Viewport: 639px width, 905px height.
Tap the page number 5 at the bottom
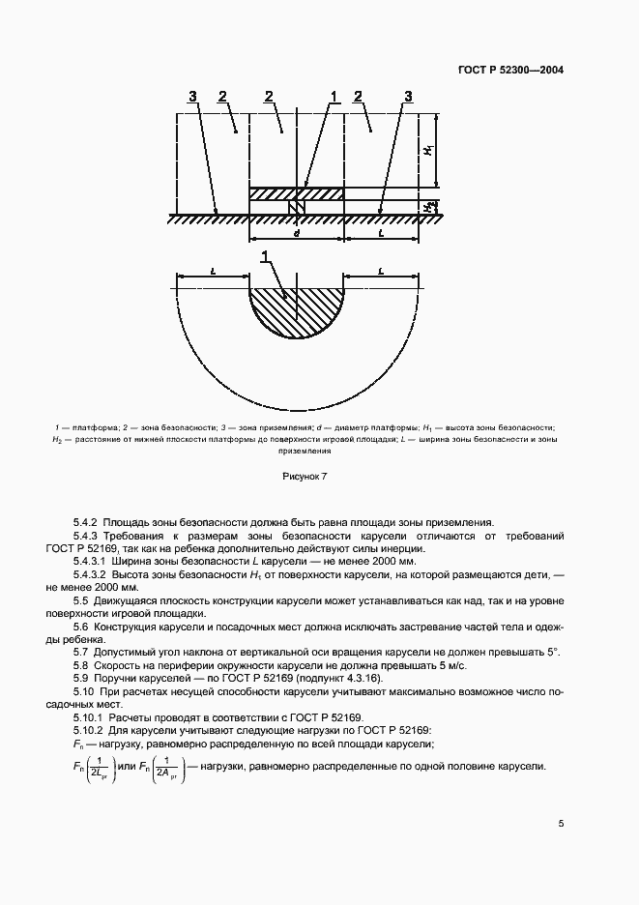(x=561, y=823)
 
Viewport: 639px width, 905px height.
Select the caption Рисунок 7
(x=305, y=476)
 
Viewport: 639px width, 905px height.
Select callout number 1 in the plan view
(x=265, y=257)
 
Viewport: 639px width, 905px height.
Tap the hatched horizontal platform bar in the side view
(x=297, y=193)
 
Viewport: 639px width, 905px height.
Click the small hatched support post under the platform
(x=297, y=208)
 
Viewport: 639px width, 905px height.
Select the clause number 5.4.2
(x=87, y=521)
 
